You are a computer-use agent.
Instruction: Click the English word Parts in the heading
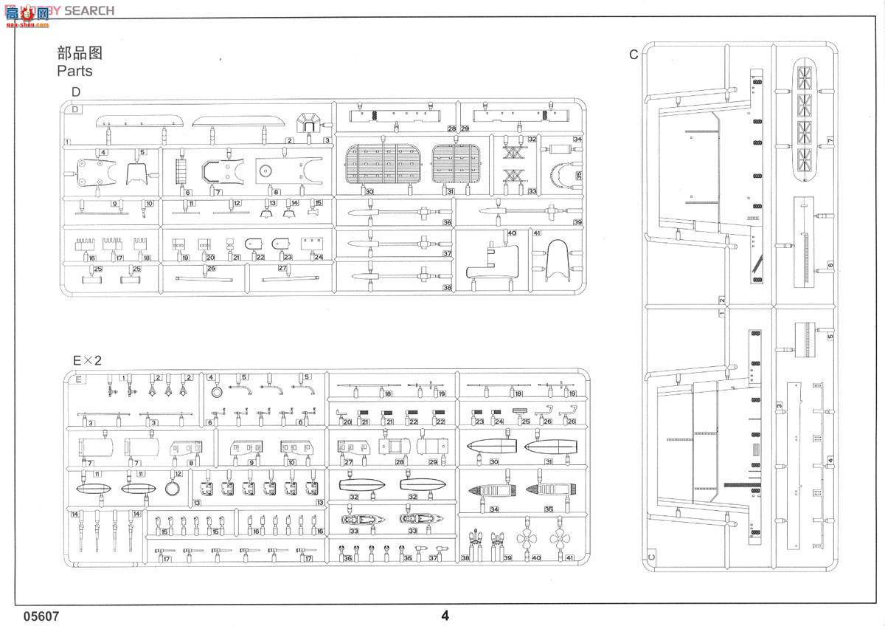coord(74,71)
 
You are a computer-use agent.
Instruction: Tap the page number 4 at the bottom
coord(445,616)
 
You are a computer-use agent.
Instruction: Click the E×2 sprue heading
coord(86,360)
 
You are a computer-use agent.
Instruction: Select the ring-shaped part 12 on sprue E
coord(173,487)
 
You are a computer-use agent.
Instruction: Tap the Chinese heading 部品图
coord(79,52)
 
